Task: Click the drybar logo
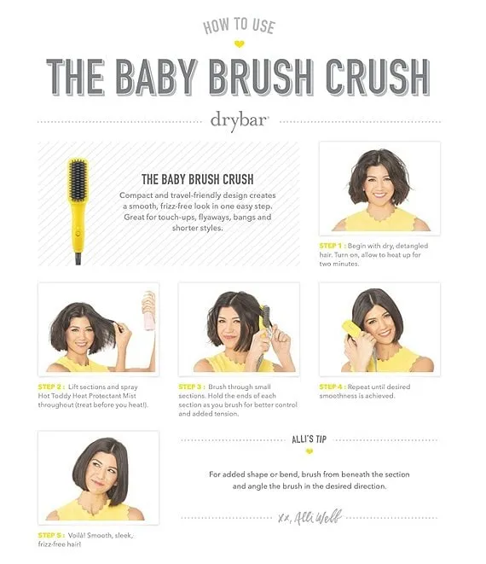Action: (x=240, y=121)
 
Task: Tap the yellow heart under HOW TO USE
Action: (x=239, y=44)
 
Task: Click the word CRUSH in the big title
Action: (x=378, y=77)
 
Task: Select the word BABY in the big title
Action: (x=157, y=77)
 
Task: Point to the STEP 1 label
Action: (x=333, y=246)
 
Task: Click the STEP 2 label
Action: (x=51, y=387)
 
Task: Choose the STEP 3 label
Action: (x=192, y=387)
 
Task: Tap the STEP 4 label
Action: (x=333, y=387)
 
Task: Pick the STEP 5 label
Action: (x=51, y=535)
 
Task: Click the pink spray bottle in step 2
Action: (x=149, y=311)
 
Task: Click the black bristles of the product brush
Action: (x=78, y=181)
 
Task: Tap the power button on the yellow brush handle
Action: (x=78, y=234)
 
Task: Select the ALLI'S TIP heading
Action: (x=310, y=439)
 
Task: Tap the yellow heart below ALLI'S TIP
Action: (x=310, y=451)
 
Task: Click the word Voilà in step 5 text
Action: (x=76, y=535)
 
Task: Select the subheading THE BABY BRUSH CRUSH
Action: (x=197, y=179)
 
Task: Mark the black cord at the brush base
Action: (x=78, y=259)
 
